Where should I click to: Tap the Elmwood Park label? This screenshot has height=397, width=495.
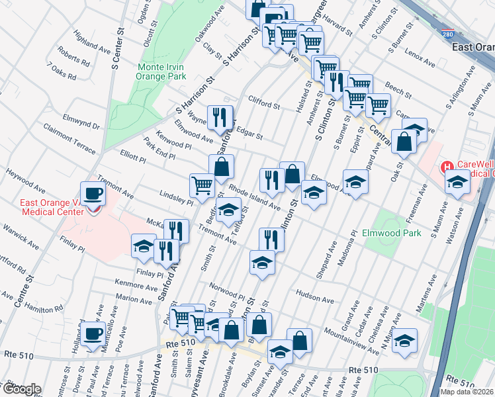click(x=392, y=234)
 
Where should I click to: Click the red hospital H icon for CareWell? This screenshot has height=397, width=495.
click(x=448, y=167)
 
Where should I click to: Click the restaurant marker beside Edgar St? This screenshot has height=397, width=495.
click(x=220, y=118)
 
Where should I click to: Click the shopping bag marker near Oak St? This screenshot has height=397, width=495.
click(x=404, y=142)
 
